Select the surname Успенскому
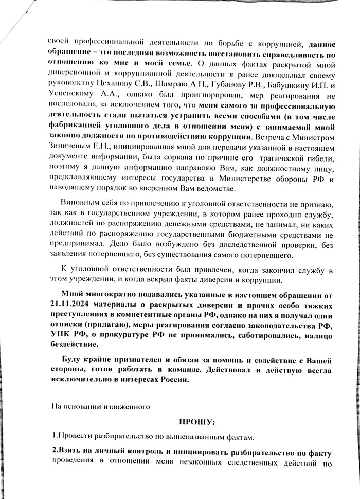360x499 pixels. pos(76,96)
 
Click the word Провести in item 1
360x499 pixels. pos(76,439)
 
